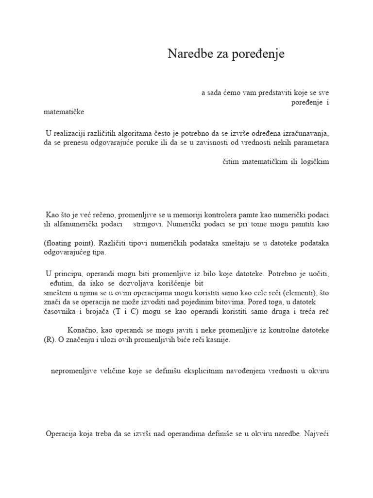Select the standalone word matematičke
click(x=64, y=112)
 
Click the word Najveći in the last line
click(x=317, y=433)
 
